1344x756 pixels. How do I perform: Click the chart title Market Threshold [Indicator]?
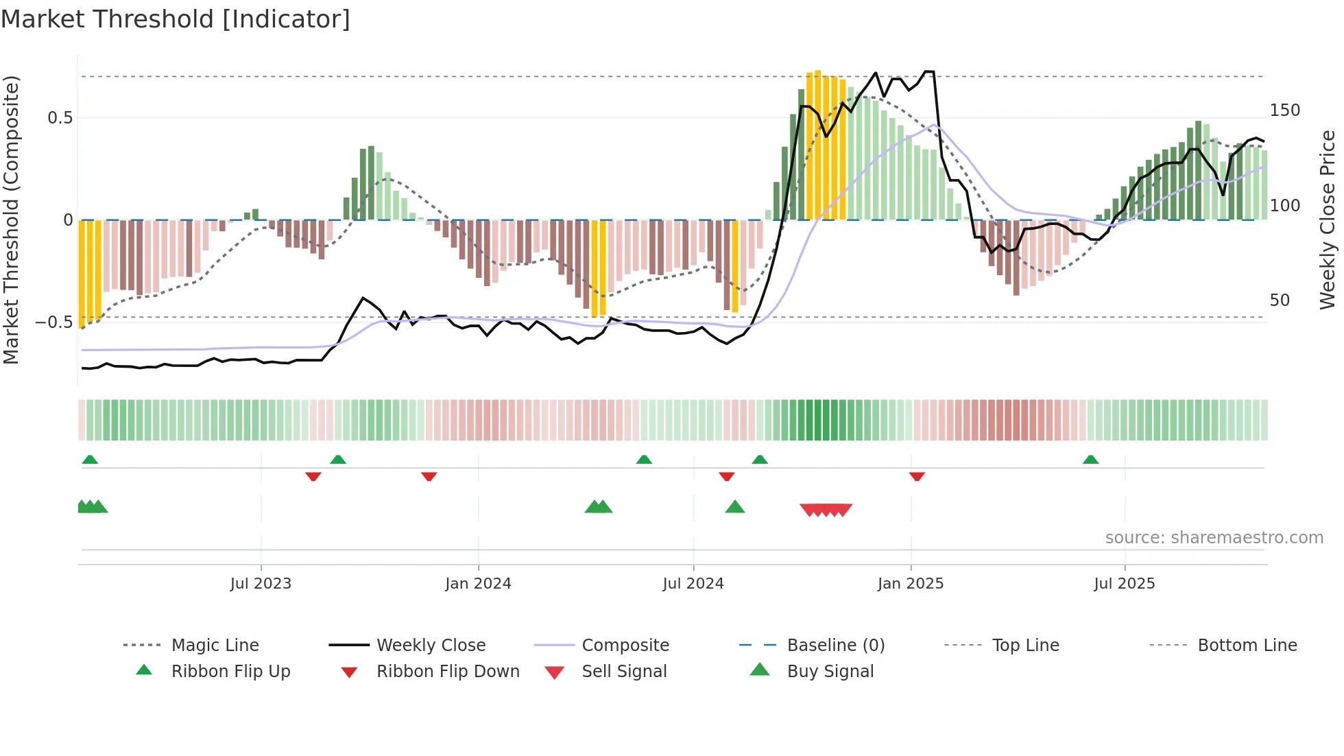click(x=176, y=19)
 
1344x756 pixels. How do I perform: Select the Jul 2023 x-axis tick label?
click(x=261, y=584)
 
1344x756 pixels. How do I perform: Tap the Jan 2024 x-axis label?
click(x=478, y=584)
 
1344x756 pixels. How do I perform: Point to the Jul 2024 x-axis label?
click(x=693, y=584)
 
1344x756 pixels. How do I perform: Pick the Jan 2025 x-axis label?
click(x=911, y=584)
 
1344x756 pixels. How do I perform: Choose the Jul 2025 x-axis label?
click(x=1125, y=584)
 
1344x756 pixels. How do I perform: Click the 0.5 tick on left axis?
click(x=60, y=118)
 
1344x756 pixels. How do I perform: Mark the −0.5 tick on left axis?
click(x=54, y=322)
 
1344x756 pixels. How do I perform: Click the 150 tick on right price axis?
click(x=1284, y=110)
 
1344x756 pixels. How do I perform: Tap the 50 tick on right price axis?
click(x=1280, y=300)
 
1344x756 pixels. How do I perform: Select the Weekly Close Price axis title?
click(x=1328, y=220)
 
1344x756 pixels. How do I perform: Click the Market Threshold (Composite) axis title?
click(x=11, y=220)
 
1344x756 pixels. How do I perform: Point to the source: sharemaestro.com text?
click(x=1214, y=538)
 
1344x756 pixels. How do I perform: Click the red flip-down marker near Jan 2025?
click(x=917, y=476)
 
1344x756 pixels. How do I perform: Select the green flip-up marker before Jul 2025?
click(x=1090, y=460)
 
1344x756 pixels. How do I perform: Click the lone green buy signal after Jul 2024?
click(x=735, y=507)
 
